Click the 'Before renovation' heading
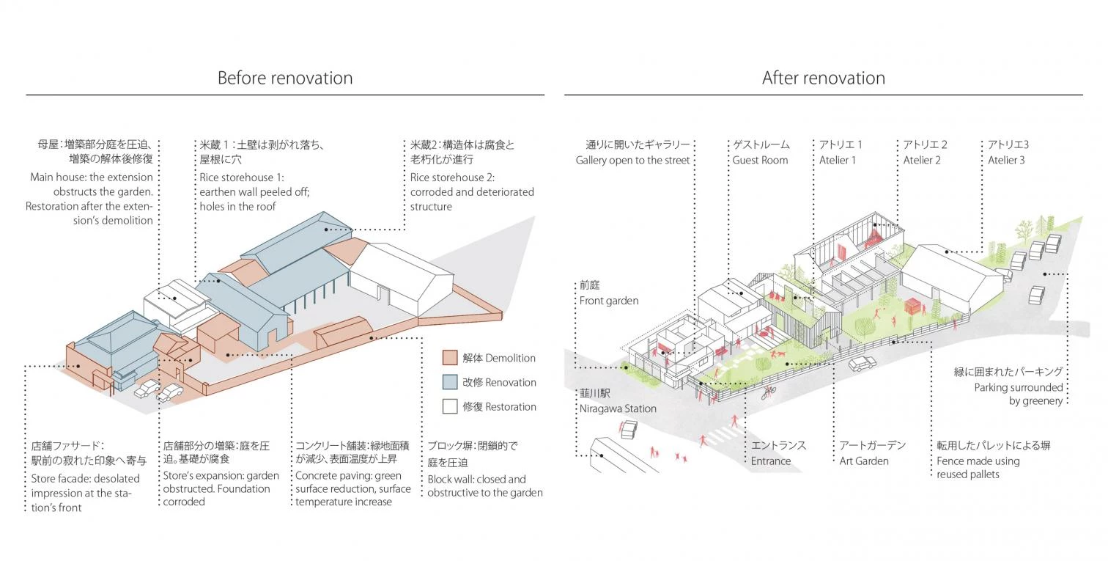284,78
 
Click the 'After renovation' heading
823,78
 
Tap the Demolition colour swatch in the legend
450,358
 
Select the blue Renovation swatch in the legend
450,382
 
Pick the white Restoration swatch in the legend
450,406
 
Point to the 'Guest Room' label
760,160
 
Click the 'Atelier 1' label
837,160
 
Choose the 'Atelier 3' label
1006,160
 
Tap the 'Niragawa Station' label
618,408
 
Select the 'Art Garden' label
864,461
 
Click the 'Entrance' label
770,461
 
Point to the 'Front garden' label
608,301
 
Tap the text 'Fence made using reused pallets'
978,467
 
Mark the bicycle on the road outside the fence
767,392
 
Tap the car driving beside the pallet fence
862,363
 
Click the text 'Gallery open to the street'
632,160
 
